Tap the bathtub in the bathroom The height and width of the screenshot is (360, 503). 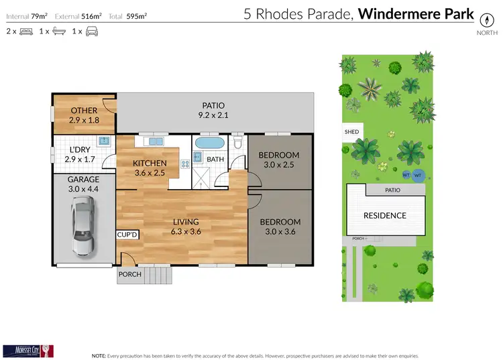pos(210,144)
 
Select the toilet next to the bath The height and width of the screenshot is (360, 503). pos(238,145)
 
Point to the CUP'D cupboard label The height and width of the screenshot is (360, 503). pos(127,235)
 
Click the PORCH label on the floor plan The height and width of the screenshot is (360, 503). pos(129,274)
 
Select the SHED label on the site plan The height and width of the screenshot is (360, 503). pos(351,132)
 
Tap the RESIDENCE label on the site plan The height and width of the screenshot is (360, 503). pos(384,215)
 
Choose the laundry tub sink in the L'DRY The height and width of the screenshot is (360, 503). pos(104,141)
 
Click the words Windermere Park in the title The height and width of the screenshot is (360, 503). pos(416,14)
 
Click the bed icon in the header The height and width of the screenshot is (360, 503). pos(27,32)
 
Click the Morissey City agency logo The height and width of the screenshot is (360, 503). pos(27,350)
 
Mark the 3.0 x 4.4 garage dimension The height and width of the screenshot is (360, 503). pos(83,189)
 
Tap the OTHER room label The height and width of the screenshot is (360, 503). pos(83,111)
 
